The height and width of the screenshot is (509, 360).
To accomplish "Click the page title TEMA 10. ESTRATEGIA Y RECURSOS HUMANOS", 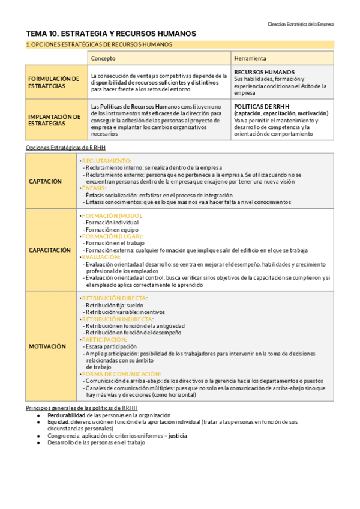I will [111, 34].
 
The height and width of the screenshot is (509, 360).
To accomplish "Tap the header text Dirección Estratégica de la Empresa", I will [301, 24].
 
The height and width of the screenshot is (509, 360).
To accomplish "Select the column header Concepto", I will [103, 58].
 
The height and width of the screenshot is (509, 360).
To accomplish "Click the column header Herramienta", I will [251, 58].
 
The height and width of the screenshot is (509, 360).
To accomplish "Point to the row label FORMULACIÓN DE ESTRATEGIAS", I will [53, 82].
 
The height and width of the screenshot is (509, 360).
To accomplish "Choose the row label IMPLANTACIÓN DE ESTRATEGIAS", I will [53, 120].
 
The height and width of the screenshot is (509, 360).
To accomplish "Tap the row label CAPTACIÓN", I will [46, 181].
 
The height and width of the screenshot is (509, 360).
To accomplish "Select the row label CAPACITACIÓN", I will [50, 250].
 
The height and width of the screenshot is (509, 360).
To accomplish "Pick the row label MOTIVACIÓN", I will [47, 346].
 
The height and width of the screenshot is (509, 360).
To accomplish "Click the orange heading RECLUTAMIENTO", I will [106, 161].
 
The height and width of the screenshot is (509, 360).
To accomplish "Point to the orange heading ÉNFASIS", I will [94, 188].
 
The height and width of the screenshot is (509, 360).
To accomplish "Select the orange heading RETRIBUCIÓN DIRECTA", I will [114, 298].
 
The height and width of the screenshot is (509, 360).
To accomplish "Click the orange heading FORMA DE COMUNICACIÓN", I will [118, 374].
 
